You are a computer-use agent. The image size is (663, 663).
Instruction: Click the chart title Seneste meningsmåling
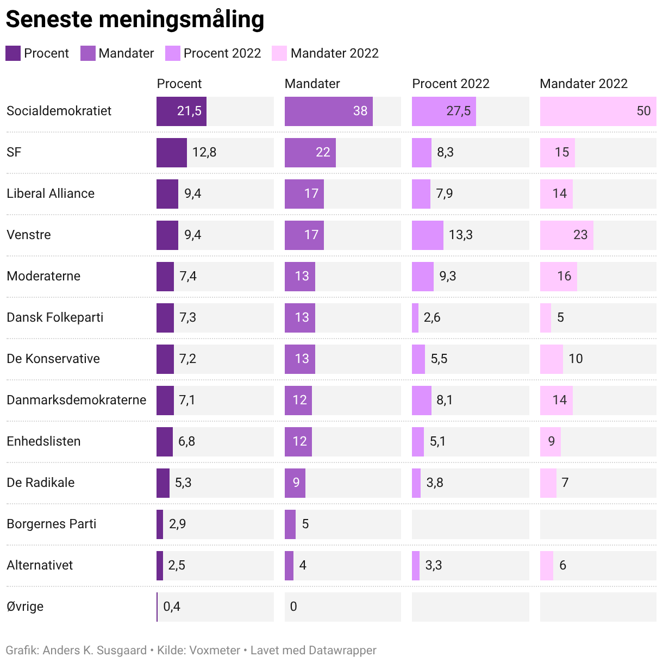[x=135, y=20]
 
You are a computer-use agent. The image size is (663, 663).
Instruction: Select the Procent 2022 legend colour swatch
[x=172, y=53]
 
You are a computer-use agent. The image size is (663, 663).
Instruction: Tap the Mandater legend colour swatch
[x=87, y=53]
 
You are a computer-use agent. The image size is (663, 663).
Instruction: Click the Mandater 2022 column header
[x=583, y=84]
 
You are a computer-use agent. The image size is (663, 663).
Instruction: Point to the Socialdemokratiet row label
[x=59, y=111]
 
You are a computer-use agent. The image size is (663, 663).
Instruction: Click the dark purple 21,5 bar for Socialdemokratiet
[x=182, y=111]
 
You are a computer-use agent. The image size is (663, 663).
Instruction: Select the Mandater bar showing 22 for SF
[x=310, y=152]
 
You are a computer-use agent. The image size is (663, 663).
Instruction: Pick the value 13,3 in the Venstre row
[x=460, y=235]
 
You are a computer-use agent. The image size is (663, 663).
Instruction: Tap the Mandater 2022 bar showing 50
[x=598, y=111]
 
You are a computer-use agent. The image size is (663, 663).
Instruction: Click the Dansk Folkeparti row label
[x=55, y=317]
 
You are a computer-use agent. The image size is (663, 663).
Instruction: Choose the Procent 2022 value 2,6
[x=432, y=317]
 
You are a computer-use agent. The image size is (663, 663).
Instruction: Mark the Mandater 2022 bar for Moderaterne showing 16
[x=558, y=276]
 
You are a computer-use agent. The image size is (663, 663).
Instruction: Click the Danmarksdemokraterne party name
[x=76, y=400]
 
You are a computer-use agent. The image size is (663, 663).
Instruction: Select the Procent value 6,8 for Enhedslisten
[x=186, y=441]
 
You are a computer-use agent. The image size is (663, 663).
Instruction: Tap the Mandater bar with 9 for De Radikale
[x=295, y=483]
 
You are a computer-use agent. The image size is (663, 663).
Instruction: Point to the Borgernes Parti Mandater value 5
[x=305, y=524]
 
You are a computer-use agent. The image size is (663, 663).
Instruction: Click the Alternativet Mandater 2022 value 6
[x=562, y=565]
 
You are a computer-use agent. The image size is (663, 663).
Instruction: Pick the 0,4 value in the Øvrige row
[x=172, y=606]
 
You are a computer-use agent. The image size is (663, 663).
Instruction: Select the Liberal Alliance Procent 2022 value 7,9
[x=444, y=193]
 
